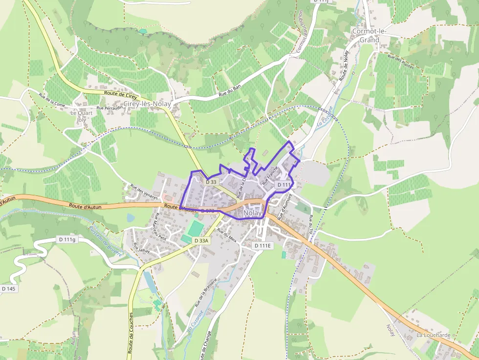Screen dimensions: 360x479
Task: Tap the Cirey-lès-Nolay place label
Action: (148, 104)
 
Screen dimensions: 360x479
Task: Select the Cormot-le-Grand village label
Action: (369, 36)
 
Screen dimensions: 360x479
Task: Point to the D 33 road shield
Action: (211, 182)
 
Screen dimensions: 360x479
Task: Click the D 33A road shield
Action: (201, 241)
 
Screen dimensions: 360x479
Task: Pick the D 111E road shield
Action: (262, 246)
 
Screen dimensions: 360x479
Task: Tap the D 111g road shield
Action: (67, 239)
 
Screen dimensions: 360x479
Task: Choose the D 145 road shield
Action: (9, 289)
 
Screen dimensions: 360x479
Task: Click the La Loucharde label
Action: (433, 335)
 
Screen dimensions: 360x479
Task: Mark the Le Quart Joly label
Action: (81, 116)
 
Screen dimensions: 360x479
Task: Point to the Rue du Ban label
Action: (230, 91)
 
